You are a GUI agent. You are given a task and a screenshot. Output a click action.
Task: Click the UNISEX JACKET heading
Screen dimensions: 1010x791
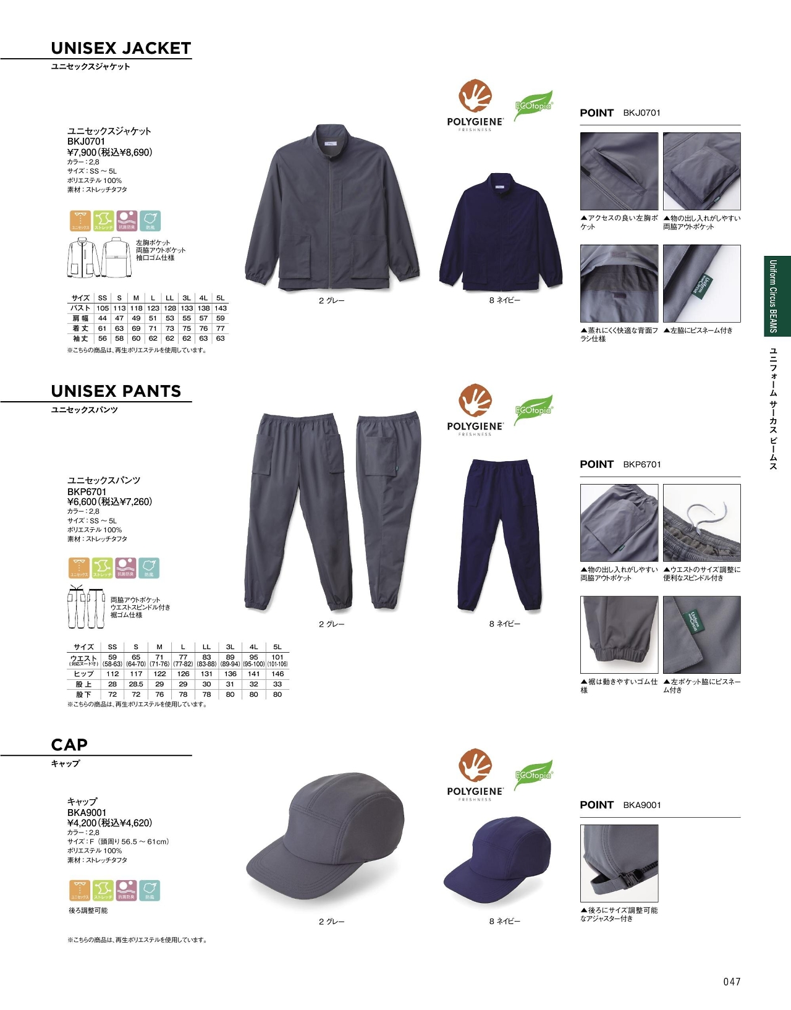coord(121,48)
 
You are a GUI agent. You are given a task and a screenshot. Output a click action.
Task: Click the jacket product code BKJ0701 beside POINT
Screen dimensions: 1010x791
coord(641,112)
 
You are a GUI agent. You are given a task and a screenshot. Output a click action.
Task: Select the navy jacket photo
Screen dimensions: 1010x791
coord(501,232)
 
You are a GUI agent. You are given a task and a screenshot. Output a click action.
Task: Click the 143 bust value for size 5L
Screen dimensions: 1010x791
coord(221,308)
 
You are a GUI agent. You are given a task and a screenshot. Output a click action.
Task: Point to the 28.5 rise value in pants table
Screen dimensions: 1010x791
coord(136,684)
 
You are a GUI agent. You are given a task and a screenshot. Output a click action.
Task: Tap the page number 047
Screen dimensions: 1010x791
coord(732,982)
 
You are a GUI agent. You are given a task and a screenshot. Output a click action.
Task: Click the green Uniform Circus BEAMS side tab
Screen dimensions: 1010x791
coord(777,296)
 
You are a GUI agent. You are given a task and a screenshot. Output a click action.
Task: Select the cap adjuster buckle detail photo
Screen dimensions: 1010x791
coord(619,863)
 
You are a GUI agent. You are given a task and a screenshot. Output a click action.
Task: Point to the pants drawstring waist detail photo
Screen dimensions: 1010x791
coord(701,523)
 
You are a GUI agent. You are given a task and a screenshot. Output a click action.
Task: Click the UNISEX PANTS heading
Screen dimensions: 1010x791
coord(116,391)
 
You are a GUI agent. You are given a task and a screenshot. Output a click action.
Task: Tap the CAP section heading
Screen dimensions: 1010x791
coord(69,745)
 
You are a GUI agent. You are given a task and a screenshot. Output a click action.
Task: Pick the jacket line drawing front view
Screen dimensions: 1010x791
coord(83,258)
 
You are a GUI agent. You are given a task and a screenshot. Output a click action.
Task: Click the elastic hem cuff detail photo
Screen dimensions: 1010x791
coord(619,635)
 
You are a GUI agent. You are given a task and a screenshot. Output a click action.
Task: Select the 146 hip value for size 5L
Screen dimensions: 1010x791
coord(277,674)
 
